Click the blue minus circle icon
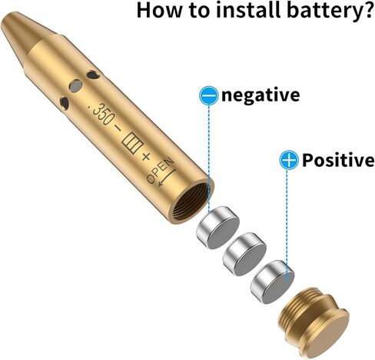point(209,95)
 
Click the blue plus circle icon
point(289,160)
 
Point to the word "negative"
point(261,95)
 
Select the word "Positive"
point(338,160)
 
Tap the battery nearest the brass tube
point(218,227)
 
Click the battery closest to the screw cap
point(273,282)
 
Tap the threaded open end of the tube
point(191,202)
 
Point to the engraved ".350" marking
point(101,113)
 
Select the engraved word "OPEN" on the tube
point(161,170)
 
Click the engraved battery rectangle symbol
point(132,143)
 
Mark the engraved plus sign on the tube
point(146,156)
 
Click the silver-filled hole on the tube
point(76,86)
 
